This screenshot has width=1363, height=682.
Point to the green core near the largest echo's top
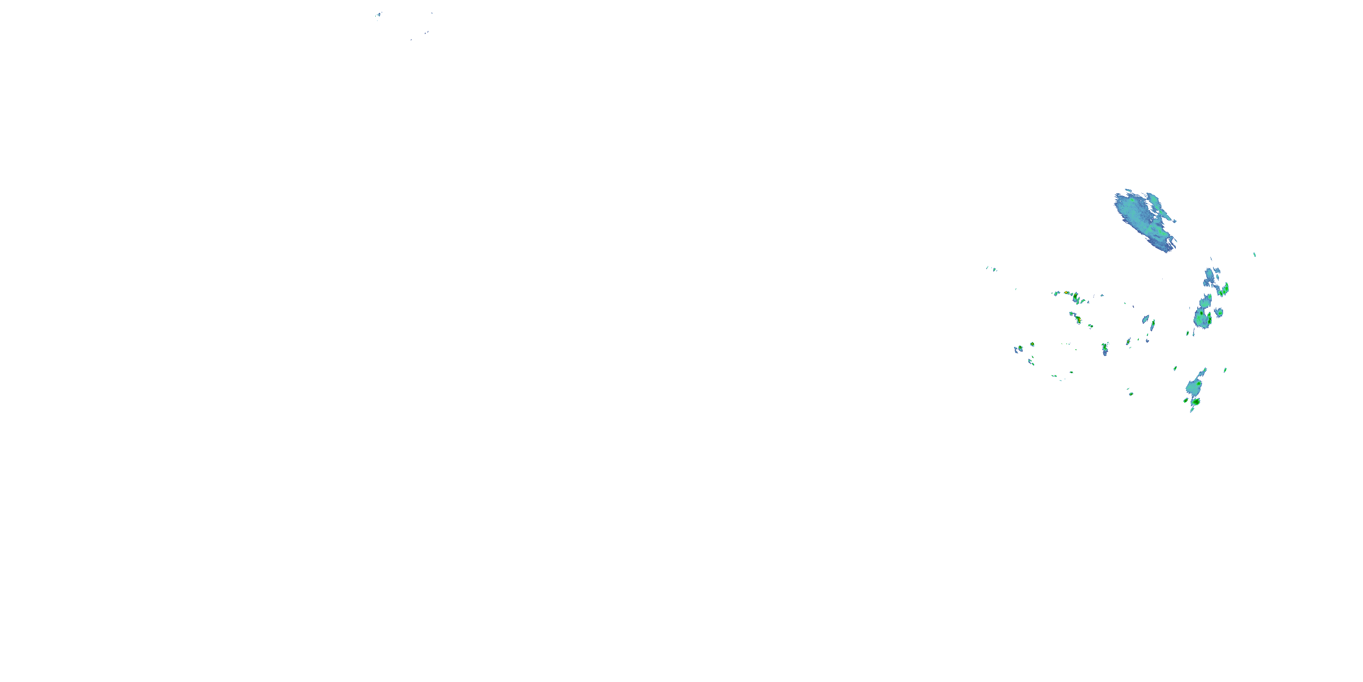[x=1132, y=201]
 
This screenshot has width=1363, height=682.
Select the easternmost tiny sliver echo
[x=1254, y=255]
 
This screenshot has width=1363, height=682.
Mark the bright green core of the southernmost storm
[x=1195, y=402]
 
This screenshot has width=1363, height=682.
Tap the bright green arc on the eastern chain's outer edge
[x=1224, y=290]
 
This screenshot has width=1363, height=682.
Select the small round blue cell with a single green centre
[x=1219, y=312]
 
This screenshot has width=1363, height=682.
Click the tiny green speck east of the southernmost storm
[x=1225, y=370]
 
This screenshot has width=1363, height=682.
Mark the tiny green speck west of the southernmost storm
[x=1175, y=368]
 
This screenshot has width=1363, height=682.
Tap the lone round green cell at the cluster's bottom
[x=1131, y=393]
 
